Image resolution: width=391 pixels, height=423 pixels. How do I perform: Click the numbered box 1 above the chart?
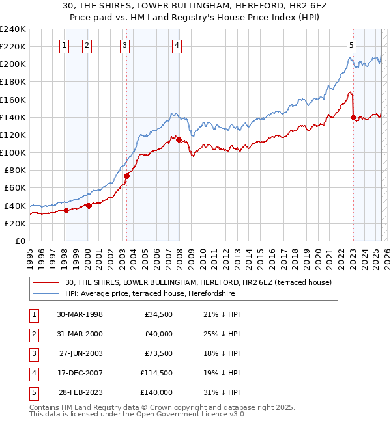click(65, 45)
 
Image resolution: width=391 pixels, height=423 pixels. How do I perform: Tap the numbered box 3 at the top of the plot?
click(124, 45)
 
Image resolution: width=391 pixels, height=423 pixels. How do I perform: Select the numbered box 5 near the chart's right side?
click(351, 45)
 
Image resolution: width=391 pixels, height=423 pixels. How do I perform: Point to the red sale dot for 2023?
click(353, 117)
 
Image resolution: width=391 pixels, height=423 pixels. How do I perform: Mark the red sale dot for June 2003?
click(126, 176)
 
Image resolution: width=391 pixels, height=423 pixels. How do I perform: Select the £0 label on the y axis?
click(20, 241)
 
